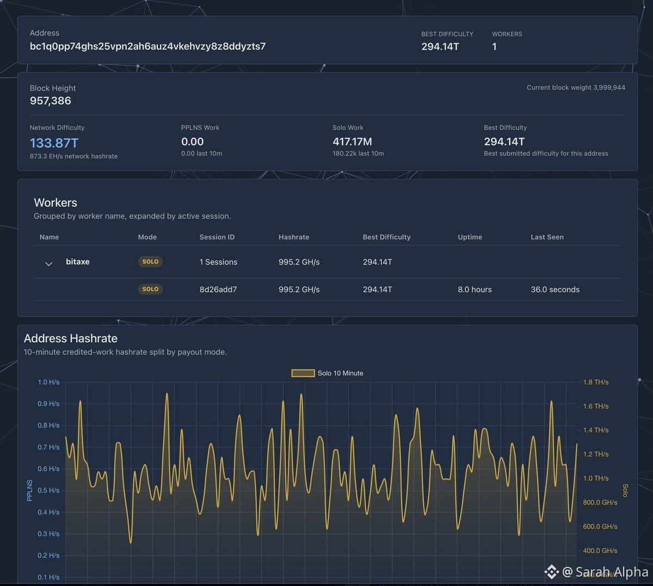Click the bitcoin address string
pyautogui.click(x=147, y=46)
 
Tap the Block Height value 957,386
pyautogui.click(x=50, y=101)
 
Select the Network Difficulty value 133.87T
pyautogui.click(x=54, y=143)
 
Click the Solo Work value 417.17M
pyautogui.click(x=352, y=141)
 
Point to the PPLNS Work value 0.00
pyautogui.click(x=192, y=141)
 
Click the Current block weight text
pyautogui.click(x=576, y=88)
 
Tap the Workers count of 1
pyautogui.click(x=494, y=47)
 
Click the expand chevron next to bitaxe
pyautogui.click(x=48, y=264)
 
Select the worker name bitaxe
pyautogui.click(x=78, y=261)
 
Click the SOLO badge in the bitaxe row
pyautogui.click(x=150, y=261)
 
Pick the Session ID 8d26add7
pyautogui.click(x=218, y=289)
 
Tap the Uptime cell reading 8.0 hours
pyautogui.click(x=475, y=289)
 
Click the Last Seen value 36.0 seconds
pyautogui.click(x=555, y=289)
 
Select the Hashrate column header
pyautogui.click(x=294, y=237)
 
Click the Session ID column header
pyautogui.click(x=217, y=237)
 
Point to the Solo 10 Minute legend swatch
pyautogui.click(x=303, y=373)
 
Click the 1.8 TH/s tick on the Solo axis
pyautogui.click(x=596, y=382)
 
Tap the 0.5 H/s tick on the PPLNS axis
pyautogui.click(x=48, y=490)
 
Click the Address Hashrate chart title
pyautogui.click(x=71, y=338)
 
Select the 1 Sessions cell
pyautogui.click(x=218, y=262)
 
